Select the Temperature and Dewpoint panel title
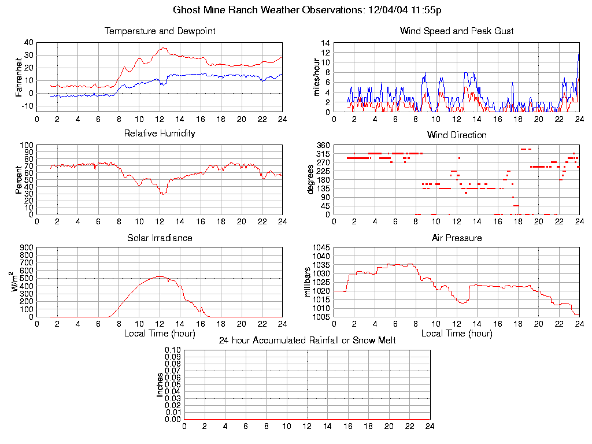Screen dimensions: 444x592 (160, 31)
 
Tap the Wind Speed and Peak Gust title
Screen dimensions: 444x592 (457, 31)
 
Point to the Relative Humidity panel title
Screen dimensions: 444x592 (160, 134)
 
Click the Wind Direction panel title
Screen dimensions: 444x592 (457, 135)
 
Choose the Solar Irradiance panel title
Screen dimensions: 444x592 (160, 238)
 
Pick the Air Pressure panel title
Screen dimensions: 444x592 (457, 238)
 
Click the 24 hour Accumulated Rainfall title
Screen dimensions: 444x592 (307, 341)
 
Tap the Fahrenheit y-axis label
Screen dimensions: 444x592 (18, 76)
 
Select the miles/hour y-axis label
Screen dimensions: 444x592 (316, 77)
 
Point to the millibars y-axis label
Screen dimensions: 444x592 (308, 282)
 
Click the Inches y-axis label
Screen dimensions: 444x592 (160, 384)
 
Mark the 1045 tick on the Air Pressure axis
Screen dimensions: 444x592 (321, 247)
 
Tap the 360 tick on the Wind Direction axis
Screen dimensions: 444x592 (323, 145)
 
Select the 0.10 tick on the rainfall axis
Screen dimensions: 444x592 (173, 350)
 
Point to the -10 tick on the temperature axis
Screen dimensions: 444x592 (27, 106)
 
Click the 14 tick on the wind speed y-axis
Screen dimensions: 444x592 (325, 43)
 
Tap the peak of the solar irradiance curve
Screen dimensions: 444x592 (159, 276)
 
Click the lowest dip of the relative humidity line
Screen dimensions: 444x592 (163, 194)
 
